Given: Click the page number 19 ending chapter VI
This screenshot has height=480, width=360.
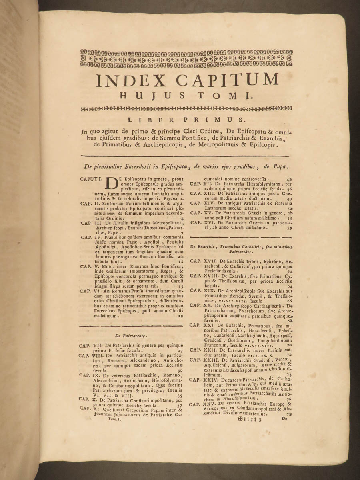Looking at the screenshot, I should click(x=180, y=316).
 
